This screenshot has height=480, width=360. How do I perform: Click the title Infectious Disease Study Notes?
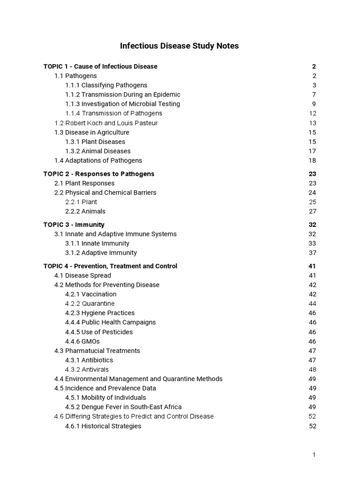click(180, 46)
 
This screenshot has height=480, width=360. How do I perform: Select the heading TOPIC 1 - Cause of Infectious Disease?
click(100, 67)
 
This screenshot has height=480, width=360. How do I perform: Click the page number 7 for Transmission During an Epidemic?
click(315, 95)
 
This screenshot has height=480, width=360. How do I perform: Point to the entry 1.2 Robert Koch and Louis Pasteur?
click(106, 123)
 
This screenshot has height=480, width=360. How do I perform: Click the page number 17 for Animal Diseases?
click(313, 151)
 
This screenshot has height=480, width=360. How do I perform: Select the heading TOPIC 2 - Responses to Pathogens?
click(99, 174)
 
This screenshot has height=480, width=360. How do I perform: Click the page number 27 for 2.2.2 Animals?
click(313, 211)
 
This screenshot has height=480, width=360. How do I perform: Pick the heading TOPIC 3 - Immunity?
click(74, 225)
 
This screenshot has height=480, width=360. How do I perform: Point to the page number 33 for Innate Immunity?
click(313, 243)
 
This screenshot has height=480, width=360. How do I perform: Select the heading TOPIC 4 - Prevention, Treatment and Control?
click(110, 266)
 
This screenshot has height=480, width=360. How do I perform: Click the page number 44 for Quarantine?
click(313, 304)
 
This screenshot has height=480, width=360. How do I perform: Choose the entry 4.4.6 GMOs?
click(82, 341)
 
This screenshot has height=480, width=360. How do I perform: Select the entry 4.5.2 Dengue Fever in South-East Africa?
click(123, 407)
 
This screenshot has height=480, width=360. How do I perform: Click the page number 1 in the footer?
click(315, 455)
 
